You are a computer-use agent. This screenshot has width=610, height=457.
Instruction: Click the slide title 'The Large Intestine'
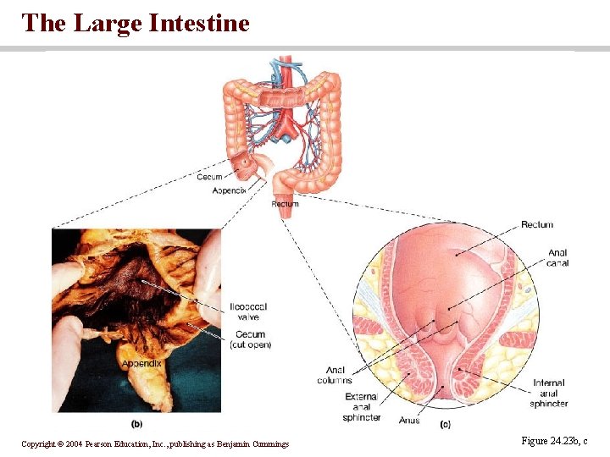[136, 23]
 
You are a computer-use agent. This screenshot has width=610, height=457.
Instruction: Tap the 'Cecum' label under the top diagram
[209, 177]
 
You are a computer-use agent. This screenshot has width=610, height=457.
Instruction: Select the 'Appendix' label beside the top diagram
[229, 191]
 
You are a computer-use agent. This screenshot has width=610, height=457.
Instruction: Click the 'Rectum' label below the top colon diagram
[285, 204]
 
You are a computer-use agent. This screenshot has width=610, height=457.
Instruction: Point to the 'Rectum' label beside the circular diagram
[536, 224]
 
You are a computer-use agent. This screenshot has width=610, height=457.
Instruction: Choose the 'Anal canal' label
[557, 258]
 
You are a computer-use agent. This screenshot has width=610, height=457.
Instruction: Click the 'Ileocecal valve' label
[247, 311]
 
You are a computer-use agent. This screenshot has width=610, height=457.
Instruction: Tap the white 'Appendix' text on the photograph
[141, 363]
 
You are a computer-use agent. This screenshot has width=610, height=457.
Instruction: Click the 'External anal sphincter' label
[363, 407]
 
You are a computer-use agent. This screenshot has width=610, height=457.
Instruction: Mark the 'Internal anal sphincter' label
[549, 394]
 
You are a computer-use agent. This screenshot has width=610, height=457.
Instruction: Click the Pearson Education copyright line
[155, 443]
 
